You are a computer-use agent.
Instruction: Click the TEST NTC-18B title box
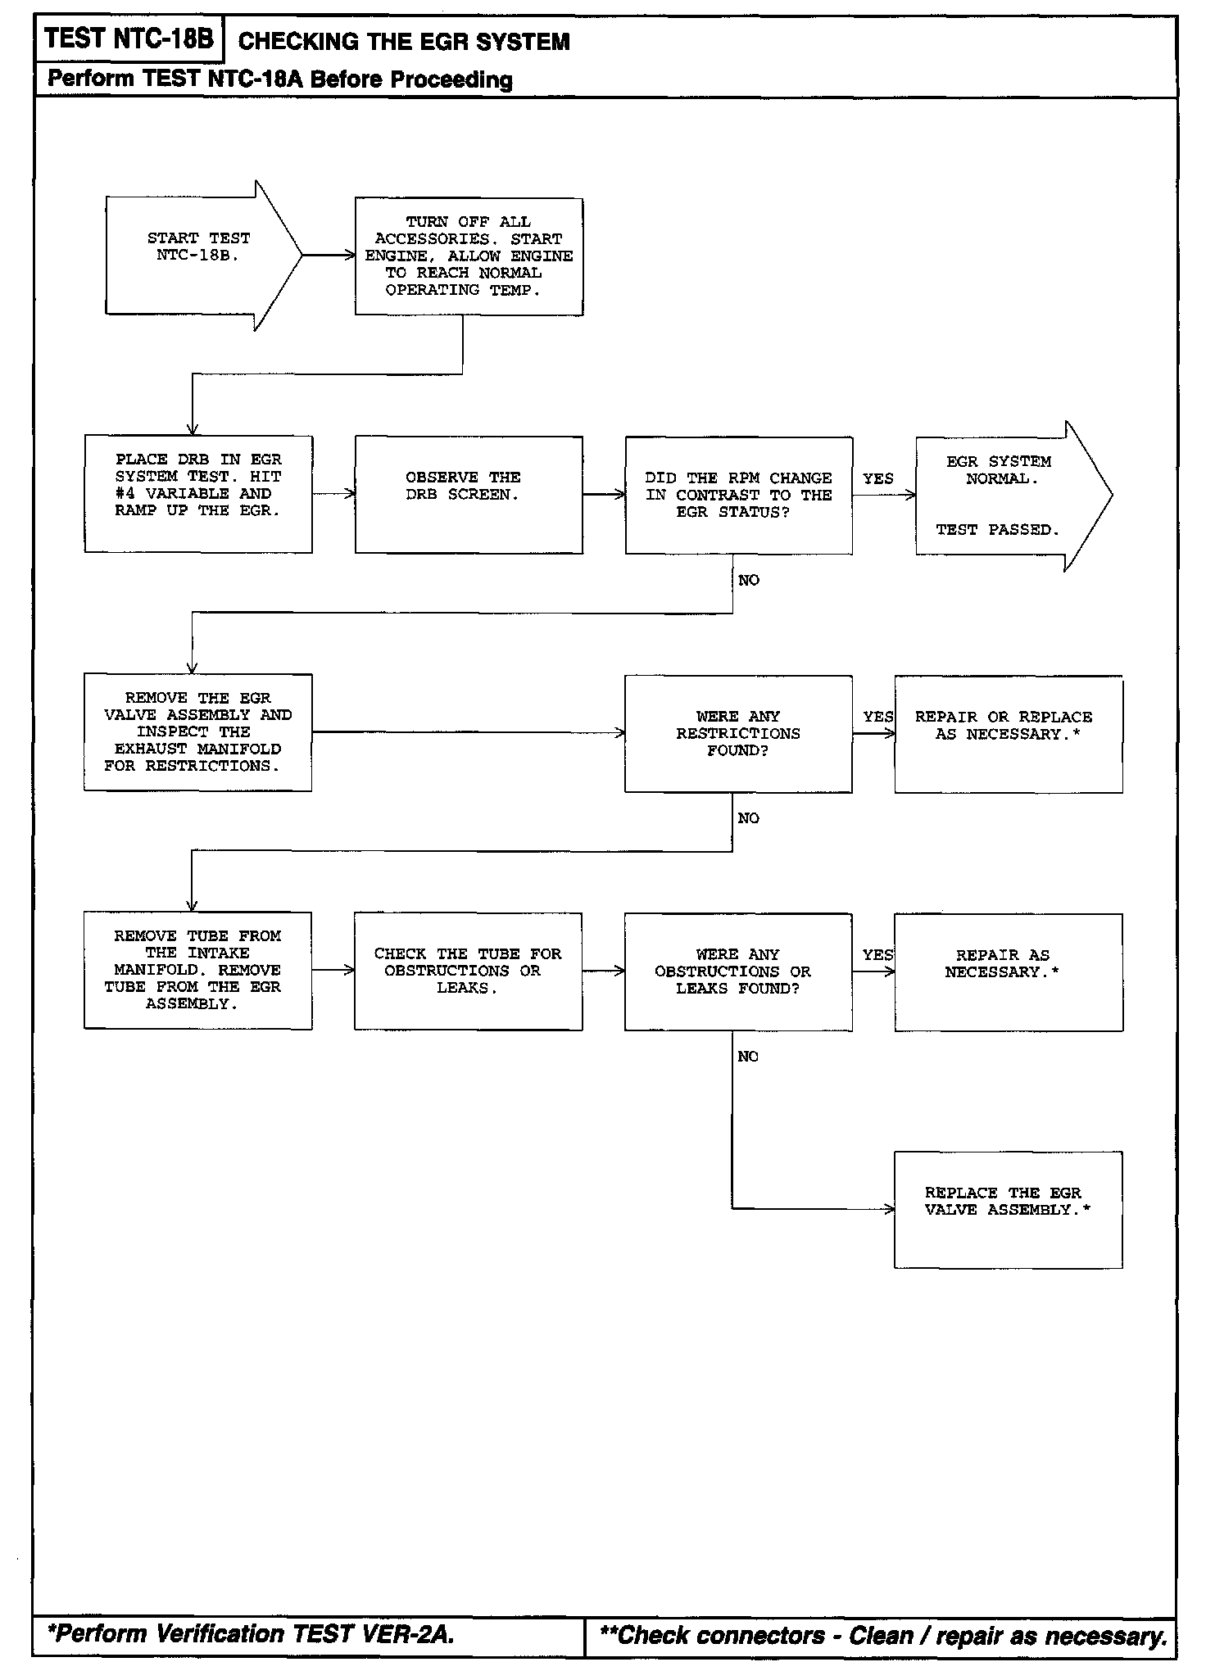click(x=129, y=38)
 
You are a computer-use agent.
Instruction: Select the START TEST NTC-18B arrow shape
click(x=200, y=255)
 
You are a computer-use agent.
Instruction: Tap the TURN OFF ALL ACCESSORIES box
click(x=469, y=256)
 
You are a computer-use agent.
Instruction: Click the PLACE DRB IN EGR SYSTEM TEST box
click(x=198, y=494)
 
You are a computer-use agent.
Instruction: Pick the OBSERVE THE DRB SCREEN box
click(x=469, y=495)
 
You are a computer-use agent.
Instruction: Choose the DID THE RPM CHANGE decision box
click(x=738, y=496)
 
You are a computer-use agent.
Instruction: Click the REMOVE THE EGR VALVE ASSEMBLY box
click(x=197, y=732)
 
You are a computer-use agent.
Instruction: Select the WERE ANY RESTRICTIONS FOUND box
click(x=738, y=734)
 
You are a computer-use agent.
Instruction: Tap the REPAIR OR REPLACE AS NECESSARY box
click(x=1008, y=734)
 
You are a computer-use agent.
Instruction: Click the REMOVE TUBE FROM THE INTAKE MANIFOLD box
click(x=197, y=971)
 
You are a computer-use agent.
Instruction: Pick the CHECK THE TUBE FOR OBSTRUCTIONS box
click(x=468, y=971)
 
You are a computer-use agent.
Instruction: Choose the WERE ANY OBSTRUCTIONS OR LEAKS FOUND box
click(x=738, y=972)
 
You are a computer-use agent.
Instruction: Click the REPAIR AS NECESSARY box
click(x=1008, y=972)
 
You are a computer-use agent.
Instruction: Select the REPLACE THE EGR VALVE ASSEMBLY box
click(x=1008, y=1210)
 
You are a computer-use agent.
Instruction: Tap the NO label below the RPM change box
click(x=749, y=581)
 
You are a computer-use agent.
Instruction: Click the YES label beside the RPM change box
click(x=877, y=478)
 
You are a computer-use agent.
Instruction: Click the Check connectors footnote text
click(x=883, y=1636)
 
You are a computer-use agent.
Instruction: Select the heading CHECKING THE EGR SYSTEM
click(x=404, y=42)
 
